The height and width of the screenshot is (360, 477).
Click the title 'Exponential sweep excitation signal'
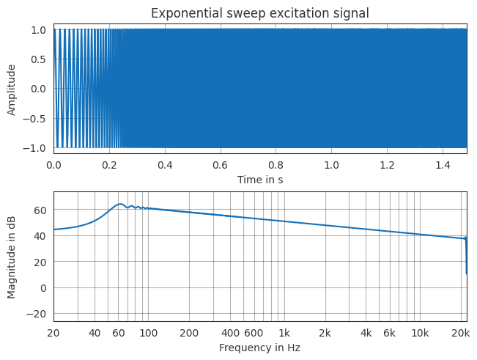259,12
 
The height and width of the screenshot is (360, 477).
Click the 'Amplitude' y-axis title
12,89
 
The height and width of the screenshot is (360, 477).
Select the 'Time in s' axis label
259,179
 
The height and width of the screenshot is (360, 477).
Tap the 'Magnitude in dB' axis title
12,257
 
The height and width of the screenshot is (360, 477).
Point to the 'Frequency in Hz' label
259,348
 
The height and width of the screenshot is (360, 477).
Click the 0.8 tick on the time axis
276,166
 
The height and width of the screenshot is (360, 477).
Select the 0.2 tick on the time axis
109,166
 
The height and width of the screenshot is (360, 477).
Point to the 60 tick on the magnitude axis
41,210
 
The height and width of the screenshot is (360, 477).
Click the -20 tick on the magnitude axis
37,314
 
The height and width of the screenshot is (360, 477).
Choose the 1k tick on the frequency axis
284,334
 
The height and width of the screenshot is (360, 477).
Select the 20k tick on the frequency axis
460,334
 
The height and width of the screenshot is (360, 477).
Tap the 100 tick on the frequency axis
149,334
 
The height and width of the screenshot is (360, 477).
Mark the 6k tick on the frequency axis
389,334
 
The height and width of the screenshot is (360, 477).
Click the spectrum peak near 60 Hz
120,204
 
